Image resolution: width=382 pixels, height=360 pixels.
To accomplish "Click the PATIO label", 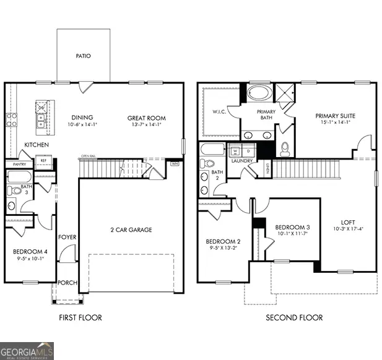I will click(84, 56).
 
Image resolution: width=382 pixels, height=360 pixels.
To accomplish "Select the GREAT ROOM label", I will click(144, 118).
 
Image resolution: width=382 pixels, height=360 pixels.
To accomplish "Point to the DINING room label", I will click(82, 118).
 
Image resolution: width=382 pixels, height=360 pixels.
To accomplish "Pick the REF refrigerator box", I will click(43, 160).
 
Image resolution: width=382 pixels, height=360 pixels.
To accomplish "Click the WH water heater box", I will click(175, 164).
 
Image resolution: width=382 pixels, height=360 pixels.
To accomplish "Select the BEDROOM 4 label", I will click(30, 251).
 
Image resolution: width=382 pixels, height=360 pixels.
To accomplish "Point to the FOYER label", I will click(67, 237).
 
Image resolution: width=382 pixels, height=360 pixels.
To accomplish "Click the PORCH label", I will click(67, 283).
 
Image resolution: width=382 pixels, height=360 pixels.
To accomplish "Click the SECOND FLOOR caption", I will click(294, 318).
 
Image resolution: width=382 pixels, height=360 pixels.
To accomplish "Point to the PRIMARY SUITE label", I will click(333, 116).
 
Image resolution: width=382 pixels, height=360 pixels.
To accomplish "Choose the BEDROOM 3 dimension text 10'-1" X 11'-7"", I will click(292, 234).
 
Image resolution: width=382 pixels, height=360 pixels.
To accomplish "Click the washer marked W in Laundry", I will click(236, 150).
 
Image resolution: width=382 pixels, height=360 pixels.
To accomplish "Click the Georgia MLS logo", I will click(27, 350).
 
